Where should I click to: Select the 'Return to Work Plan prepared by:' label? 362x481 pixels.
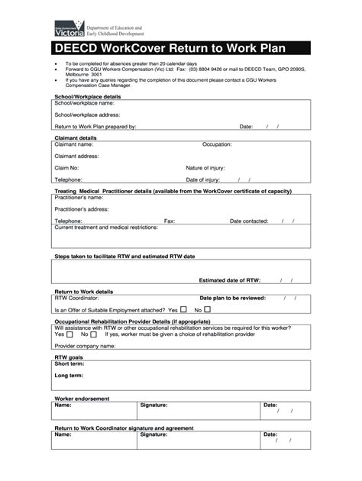[x=95, y=127]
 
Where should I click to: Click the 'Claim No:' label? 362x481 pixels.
[x=66, y=167]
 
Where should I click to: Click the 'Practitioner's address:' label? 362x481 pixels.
[x=82, y=208]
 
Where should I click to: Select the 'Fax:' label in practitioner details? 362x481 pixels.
[x=170, y=221]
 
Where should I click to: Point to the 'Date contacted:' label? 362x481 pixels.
[x=249, y=221]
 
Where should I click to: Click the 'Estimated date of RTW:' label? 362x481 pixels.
[x=230, y=280]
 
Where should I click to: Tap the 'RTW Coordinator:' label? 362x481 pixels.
[x=77, y=298]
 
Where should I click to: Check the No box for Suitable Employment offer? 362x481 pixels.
[x=207, y=310]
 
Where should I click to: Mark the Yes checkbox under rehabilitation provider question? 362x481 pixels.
[x=71, y=334]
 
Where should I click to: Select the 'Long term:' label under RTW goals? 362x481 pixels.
[x=69, y=375]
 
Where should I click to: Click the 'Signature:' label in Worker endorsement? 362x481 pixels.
[x=154, y=405]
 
